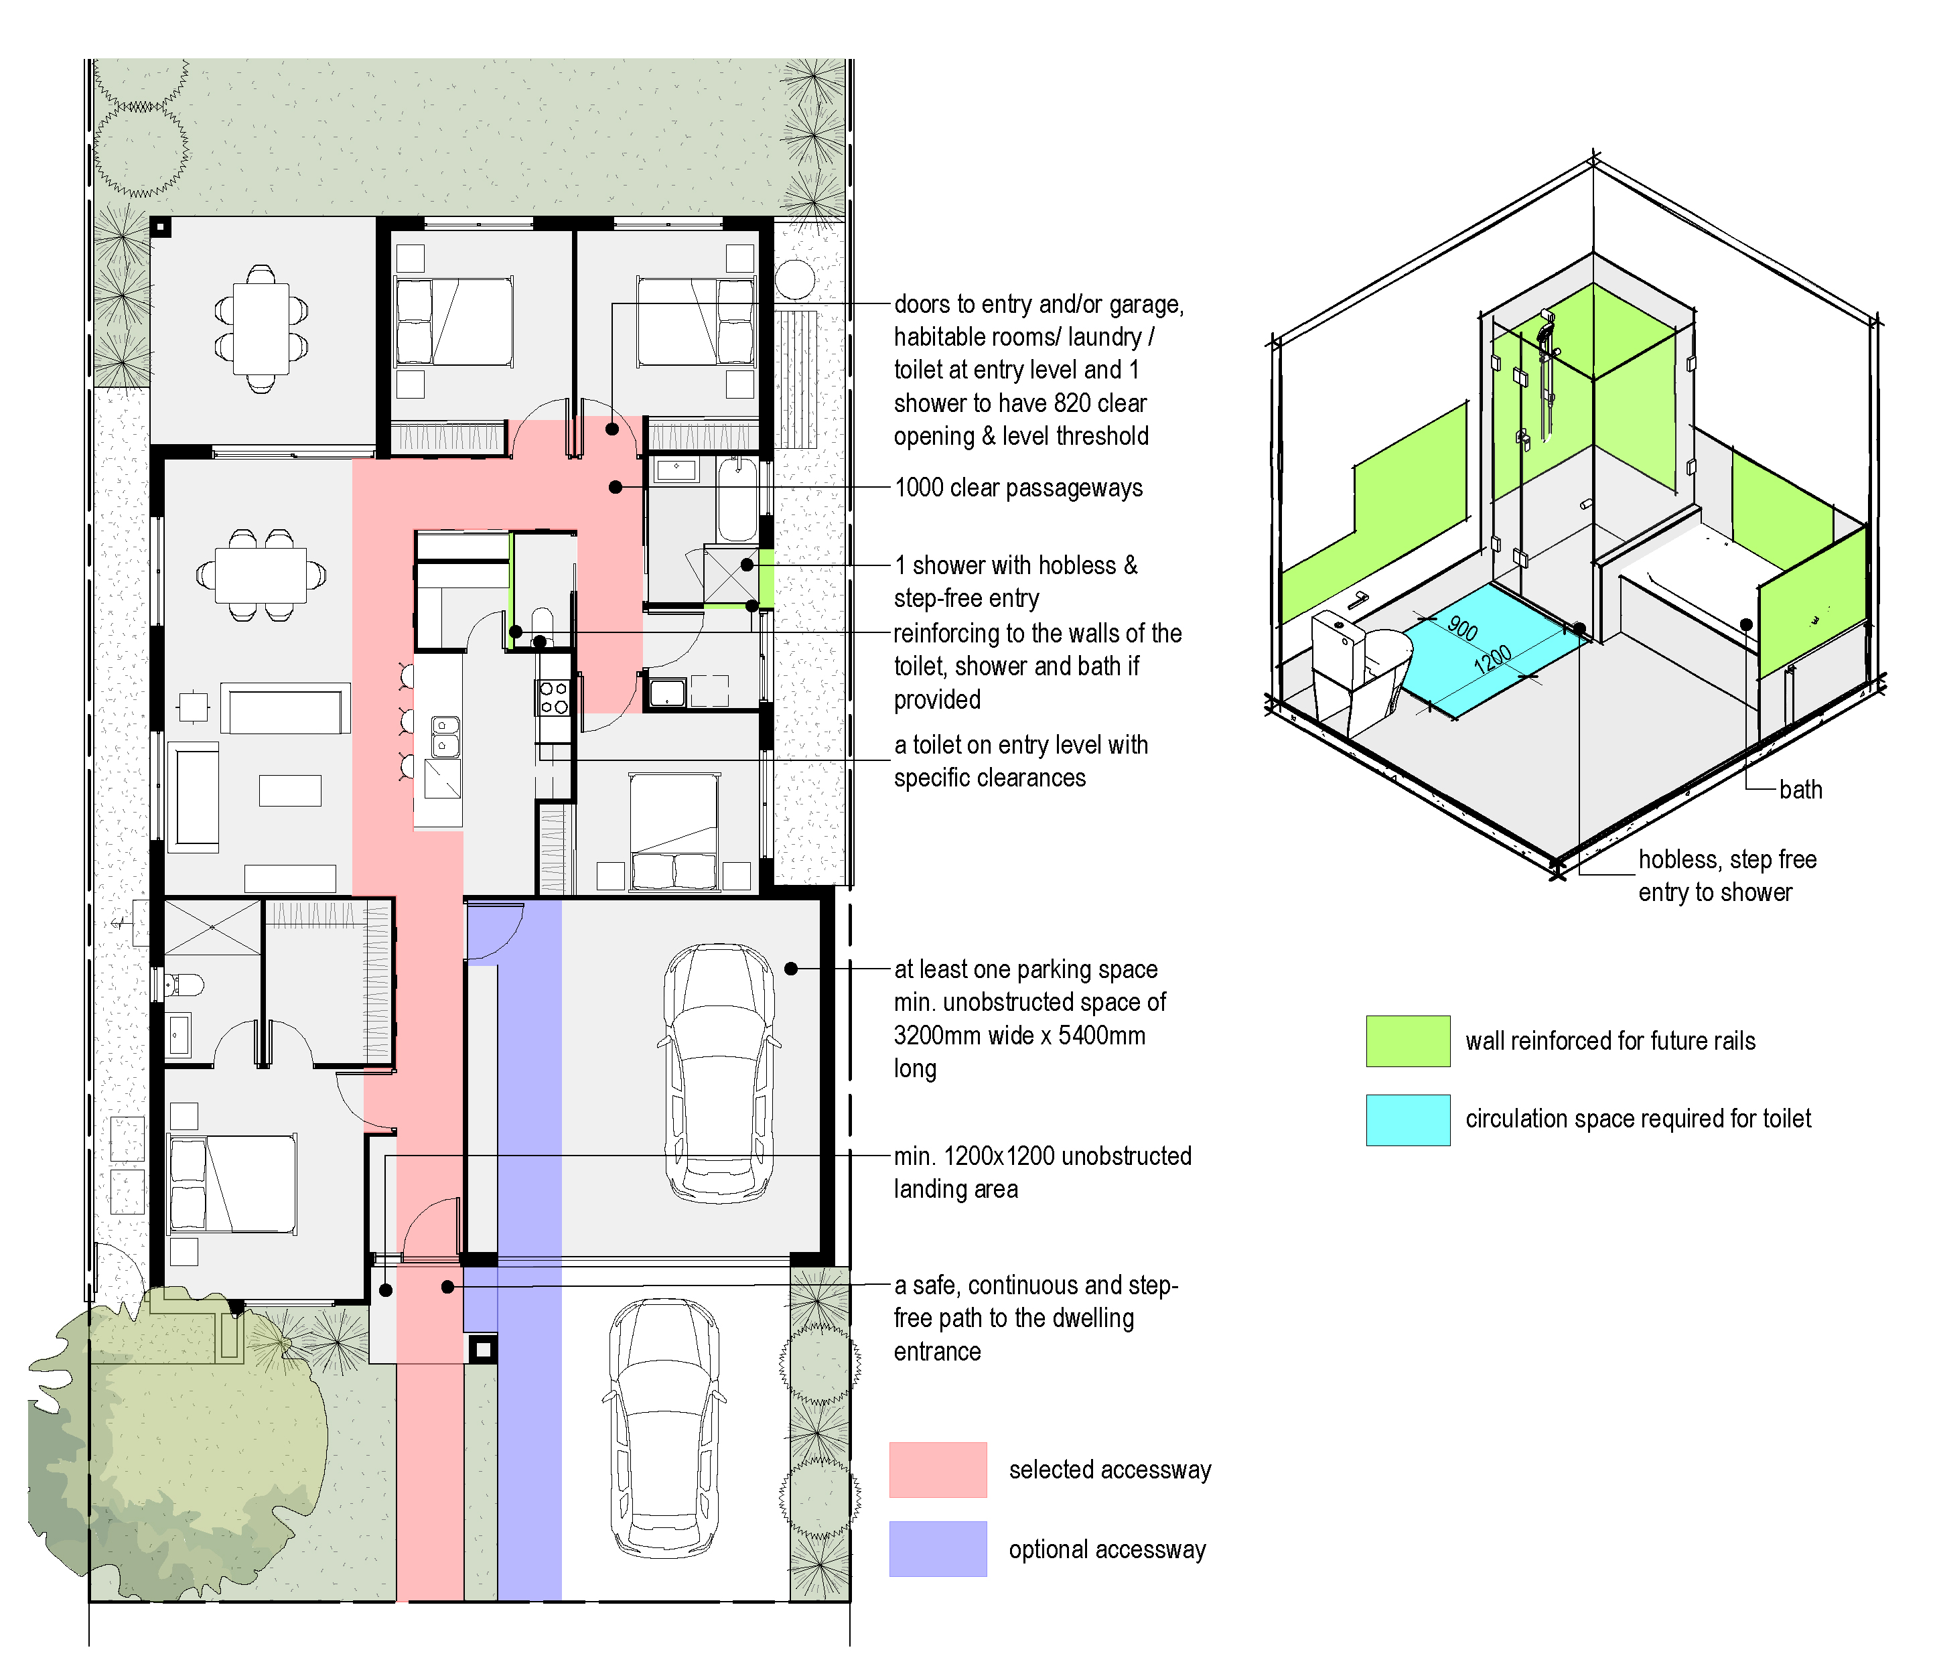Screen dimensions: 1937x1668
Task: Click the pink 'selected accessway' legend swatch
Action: click(938, 1470)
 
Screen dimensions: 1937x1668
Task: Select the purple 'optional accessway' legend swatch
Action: click(938, 1549)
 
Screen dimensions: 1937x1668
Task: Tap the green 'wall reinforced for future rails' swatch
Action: click(1408, 1040)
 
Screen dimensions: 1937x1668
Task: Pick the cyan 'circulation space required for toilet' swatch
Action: click(1408, 1120)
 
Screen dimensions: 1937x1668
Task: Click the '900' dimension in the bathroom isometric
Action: click(1463, 628)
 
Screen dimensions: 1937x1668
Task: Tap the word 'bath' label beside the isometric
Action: click(1800, 790)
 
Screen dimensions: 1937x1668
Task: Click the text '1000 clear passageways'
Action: click(1018, 488)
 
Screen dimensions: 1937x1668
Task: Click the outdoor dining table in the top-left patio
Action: click(261, 329)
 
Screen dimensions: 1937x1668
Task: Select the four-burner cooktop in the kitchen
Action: click(553, 697)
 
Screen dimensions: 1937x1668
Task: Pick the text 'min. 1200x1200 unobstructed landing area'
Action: click(1042, 1172)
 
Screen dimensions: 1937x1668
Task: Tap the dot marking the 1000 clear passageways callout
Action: click(615, 487)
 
